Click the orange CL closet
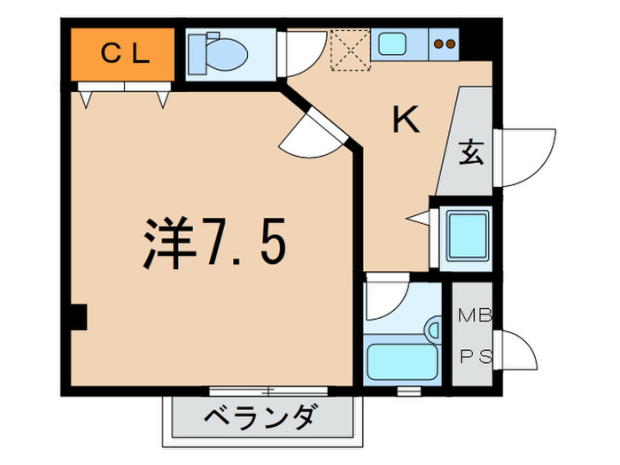123,52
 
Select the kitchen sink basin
391,41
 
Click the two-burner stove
445,43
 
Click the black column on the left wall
78,316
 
